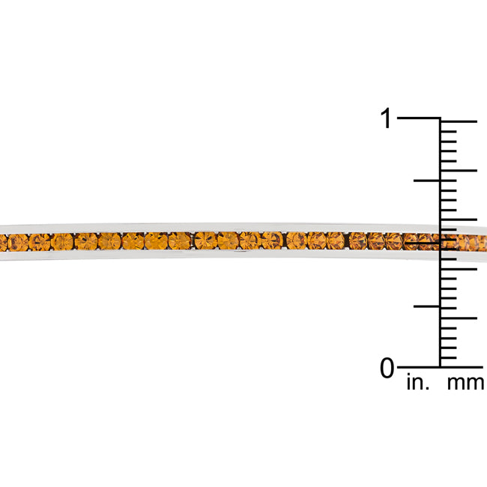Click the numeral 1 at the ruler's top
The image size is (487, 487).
[386, 118]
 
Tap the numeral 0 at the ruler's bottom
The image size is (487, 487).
[387, 368]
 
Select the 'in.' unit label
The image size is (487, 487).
[418, 382]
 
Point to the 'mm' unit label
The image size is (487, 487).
[465, 383]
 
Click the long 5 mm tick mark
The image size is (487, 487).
[459, 318]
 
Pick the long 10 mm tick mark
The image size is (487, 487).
[459, 269]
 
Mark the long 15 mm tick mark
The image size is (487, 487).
[459, 220]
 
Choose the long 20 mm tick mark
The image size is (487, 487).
[459, 171]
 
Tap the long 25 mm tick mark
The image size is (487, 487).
[459, 121]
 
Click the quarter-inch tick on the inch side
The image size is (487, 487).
[427, 306]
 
